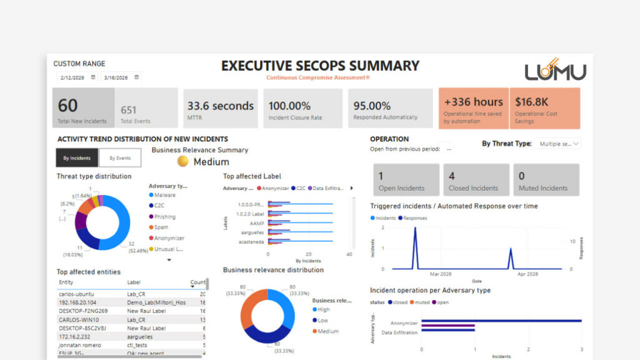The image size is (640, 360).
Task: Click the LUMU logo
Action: pos(555,70)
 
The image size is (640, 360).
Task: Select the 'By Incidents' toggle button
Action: pos(77,158)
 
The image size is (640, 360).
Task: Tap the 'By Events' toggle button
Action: pos(119,158)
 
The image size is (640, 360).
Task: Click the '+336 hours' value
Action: pos(473,102)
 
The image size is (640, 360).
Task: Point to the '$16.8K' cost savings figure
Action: pos(532,102)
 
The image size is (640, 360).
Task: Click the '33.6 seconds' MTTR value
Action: pos(221,106)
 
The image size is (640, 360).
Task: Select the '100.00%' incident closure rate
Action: pos(289,106)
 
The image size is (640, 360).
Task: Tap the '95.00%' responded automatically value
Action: pos(372,106)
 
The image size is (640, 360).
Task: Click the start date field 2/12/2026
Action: pos(74,77)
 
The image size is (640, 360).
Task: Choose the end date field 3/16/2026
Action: pos(117,77)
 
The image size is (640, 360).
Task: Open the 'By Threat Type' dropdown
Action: pos(559,144)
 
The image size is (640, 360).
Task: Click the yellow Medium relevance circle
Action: pos(183,161)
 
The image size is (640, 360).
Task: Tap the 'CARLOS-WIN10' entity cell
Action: pos(77,319)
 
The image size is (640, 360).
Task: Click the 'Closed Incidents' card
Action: pos(473,181)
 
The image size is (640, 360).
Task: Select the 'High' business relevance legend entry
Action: pos(324,309)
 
